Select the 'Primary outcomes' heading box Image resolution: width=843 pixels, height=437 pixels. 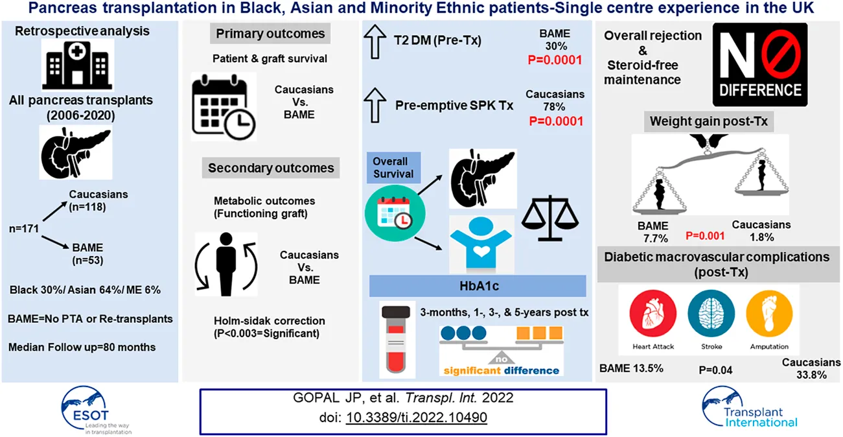[x=271, y=34]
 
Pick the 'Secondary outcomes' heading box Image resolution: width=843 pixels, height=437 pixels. [x=271, y=169]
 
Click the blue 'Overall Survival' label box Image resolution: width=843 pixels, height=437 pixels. [x=391, y=167]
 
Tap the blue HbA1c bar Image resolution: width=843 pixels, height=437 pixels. [x=478, y=286]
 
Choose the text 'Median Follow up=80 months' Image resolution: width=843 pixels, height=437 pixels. [x=82, y=347]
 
